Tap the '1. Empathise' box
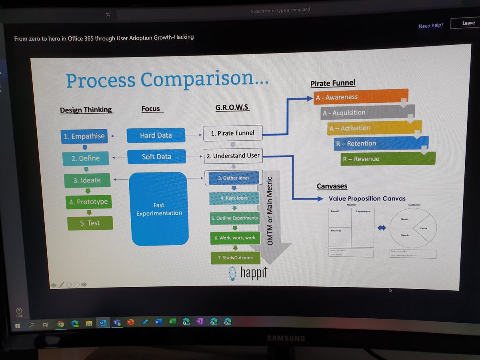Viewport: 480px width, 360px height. tap(84, 136)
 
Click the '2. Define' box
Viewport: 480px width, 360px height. tap(85, 158)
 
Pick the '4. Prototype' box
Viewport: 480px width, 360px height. tap(88, 202)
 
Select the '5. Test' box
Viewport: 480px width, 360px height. tap(90, 223)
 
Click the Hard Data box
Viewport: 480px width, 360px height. tap(156, 136)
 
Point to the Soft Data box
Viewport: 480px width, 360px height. tap(156, 157)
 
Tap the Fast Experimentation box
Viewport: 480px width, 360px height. tap(159, 209)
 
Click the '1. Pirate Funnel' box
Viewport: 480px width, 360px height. tap(232, 133)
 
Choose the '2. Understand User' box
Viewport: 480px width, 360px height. tap(233, 156)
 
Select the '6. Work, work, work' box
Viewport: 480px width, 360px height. tap(235, 238)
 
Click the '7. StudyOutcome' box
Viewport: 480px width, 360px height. tap(235, 258)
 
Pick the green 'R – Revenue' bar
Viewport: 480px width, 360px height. tap(388, 159)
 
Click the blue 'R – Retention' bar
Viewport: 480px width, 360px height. tap(381, 144)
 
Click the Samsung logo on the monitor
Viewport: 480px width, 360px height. tap(286, 338)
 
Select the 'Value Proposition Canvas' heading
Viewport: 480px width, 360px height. tap(367, 199)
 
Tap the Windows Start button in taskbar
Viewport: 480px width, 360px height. tap(18, 325)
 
